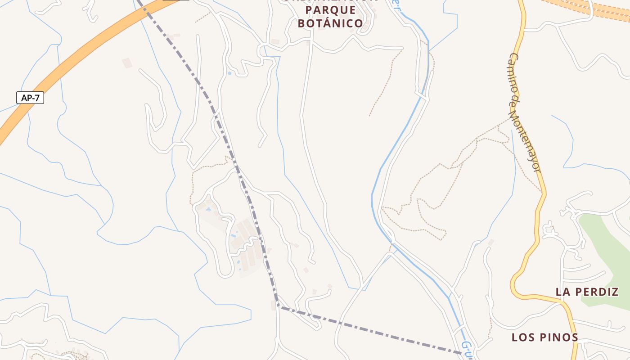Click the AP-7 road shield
30,98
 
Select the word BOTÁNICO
331,23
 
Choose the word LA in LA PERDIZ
563,292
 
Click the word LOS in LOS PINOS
522,337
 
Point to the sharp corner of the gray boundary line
279,306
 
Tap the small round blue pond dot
229,73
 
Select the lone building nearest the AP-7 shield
127,63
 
